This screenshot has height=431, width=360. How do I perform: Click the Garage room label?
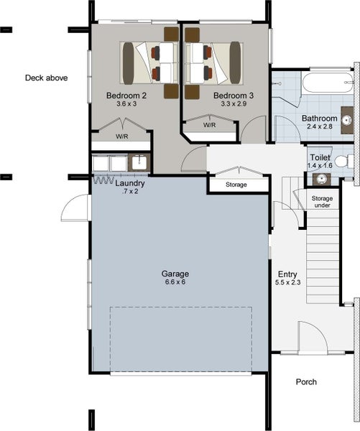click(x=175, y=274)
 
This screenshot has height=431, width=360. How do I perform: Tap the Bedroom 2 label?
click(x=126, y=96)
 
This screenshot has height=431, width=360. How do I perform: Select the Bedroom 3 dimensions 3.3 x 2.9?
click(x=234, y=104)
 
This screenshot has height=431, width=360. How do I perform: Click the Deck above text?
click(x=46, y=78)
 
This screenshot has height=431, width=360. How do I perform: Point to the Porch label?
click(x=306, y=382)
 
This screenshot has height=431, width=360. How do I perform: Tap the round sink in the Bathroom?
click(x=346, y=120)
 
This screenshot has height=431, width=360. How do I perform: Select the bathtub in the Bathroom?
click(x=327, y=83)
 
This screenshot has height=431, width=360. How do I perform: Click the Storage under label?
click(x=322, y=202)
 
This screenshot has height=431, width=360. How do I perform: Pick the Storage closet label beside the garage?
click(x=236, y=185)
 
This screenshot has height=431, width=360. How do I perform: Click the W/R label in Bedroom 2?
click(x=122, y=136)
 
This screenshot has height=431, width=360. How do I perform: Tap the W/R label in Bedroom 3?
click(x=210, y=125)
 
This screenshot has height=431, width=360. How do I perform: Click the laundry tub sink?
click(x=139, y=163)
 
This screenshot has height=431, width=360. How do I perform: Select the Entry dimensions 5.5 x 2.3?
click(x=287, y=282)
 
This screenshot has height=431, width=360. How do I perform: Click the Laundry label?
click(x=130, y=183)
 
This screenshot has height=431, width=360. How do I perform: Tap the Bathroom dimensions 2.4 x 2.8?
click(x=320, y=126)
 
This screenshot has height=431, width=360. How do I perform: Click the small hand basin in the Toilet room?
click(x=320, y=179)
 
